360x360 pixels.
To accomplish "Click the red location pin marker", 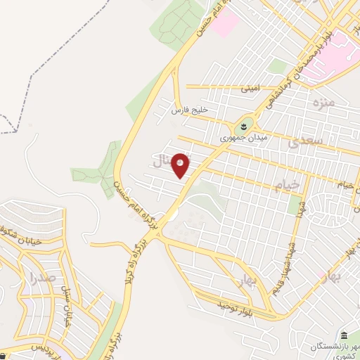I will [181, 165].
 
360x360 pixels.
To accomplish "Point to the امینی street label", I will [250, 89].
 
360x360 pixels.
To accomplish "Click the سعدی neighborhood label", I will [305, 142].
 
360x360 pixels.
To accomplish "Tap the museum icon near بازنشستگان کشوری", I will [343, 335].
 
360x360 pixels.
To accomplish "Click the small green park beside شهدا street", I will [295, 204].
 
